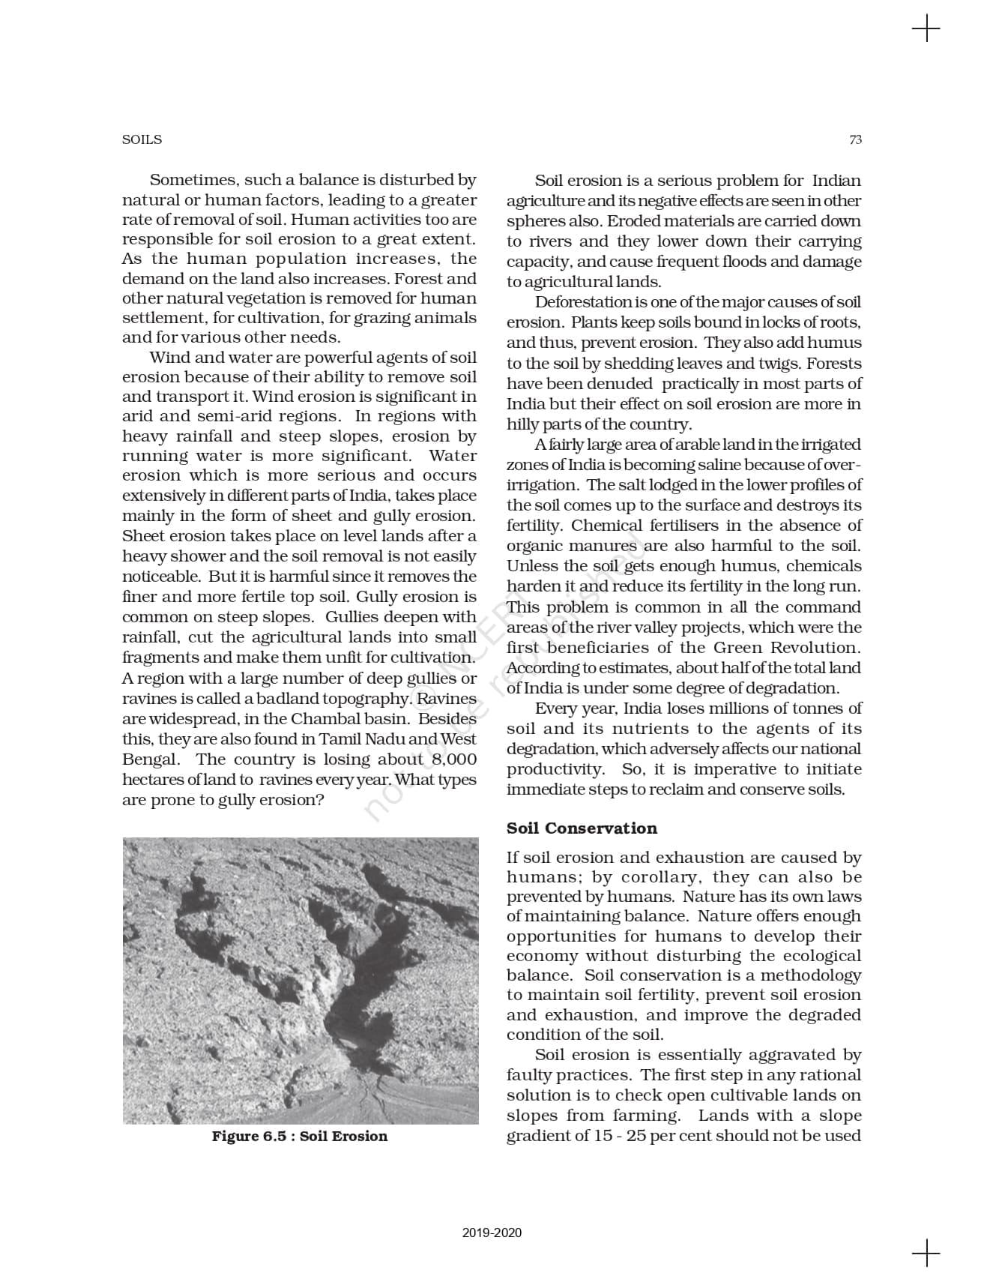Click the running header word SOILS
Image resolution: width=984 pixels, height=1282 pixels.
point(142,139)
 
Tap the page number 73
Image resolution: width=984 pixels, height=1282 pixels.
point(855,139)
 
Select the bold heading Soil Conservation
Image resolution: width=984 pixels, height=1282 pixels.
point(582,828)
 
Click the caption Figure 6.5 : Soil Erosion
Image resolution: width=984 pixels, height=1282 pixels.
point(300,1136)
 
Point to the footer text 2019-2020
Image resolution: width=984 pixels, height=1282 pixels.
point(492,1233)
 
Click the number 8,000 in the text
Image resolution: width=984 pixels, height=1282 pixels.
point(454,759)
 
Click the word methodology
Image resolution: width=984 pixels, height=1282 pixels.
point(811,975)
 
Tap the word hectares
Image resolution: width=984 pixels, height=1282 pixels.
point(150,780)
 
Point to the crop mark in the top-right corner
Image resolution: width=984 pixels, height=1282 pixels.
point(927,29)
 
